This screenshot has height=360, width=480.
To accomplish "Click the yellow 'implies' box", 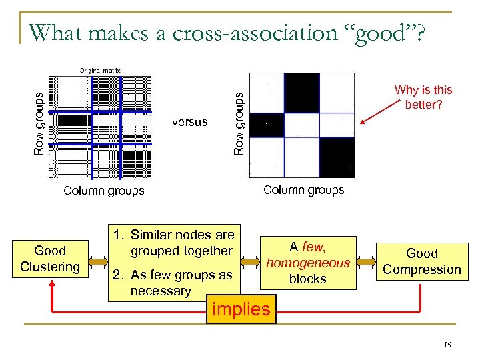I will click(x=241, y=309).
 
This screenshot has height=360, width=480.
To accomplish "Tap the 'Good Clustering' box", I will click(x=50, y=259).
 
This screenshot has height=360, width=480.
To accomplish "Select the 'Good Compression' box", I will click(x=422, y=261).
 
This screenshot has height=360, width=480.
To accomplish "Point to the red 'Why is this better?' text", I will click(x=423, y=97).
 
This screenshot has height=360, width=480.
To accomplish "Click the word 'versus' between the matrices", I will click(x=189, y=122).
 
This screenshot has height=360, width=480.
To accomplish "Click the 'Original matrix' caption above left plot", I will click(x=100, y=69).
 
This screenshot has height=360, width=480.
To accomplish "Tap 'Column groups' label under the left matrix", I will click(x=103, y=191).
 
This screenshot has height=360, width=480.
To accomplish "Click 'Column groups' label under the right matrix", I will click(x=303, y=190).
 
